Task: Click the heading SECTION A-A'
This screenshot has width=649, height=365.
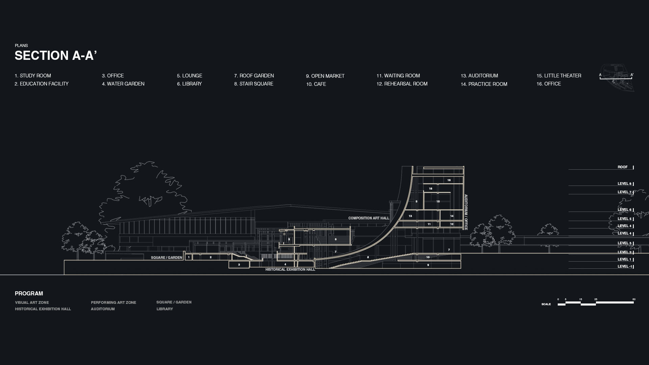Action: pos(56,55)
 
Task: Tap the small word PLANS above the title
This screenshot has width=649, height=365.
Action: pos(21,45)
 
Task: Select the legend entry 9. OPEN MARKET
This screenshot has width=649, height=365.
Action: pos(325,76)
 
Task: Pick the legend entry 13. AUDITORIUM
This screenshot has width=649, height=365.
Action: pos(479,76)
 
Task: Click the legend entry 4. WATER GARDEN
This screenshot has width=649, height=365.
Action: pos(123,84)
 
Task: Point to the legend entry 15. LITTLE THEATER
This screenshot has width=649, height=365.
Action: pos(558,76)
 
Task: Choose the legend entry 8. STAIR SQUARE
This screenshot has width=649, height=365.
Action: pos(254,84)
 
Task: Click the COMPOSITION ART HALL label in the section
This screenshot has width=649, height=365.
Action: pos(368,218)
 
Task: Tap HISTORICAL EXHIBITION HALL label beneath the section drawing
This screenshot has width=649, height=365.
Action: pos(290,269)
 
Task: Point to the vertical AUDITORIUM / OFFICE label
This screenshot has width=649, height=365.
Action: pos(466,212)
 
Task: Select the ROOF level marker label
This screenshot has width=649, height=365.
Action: pos(622,167)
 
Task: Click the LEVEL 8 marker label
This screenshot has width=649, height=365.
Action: pos(624,184)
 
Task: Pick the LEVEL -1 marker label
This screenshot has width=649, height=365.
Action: pos(624,266)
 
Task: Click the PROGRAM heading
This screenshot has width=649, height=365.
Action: pos(29,293)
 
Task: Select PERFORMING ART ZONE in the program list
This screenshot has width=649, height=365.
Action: pos(113,302)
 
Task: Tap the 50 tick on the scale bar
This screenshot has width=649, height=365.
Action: pos(634,299)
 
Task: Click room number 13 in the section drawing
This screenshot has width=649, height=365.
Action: pos(410,216)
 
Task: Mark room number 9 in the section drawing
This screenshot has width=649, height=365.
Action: pos(428,265)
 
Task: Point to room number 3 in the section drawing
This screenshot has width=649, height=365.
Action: pos(239,265)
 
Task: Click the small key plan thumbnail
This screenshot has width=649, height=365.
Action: pos(617,78)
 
